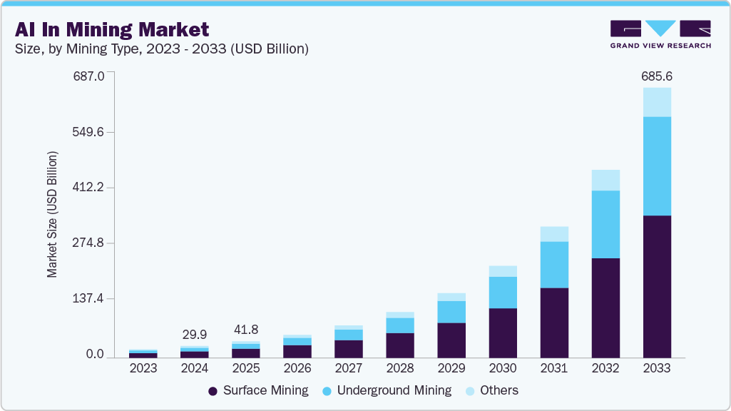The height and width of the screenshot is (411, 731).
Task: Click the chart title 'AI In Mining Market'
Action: (x=112, y=29)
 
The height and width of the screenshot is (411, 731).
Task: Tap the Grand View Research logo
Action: (x=660, y=34)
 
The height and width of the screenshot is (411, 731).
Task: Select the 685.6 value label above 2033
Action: (x=657, y=76)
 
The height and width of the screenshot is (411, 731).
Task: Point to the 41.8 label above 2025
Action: (x=246, y=330)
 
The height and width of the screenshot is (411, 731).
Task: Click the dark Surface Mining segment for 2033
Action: (x=657, y=286)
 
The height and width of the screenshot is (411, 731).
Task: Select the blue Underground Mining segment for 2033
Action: (x=657, y=166)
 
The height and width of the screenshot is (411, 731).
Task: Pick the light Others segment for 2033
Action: (x=657, y=102)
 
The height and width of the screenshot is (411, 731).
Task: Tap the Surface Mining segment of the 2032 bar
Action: (x=605, y=308)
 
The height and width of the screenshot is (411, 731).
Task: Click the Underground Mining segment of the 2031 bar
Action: (x=554, y=265)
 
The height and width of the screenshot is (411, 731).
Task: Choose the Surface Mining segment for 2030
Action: (x=503, y=333)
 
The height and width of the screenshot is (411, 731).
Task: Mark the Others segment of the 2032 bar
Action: (x=605, y=181)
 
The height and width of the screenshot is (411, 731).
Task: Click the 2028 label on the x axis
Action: (x=400, y=368)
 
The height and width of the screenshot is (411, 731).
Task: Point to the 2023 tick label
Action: (x=143, y=368)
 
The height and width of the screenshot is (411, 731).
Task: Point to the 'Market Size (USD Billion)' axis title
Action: (x=52, y=214)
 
